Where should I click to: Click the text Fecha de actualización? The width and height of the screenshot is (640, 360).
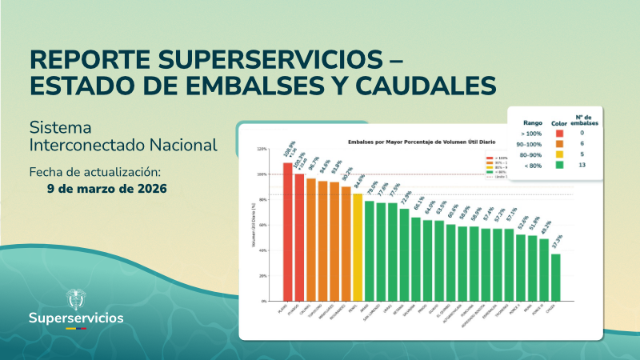[x=95, y=172]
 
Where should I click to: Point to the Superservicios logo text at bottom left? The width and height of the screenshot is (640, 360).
[x=76, y=318]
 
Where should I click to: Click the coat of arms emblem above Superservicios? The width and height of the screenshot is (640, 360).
[x=76, y=297]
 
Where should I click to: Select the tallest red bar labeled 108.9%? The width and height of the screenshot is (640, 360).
[x=287, y=232]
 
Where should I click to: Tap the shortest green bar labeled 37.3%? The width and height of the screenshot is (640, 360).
[x=555, y=277]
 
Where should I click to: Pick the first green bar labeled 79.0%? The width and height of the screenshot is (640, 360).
[x=369, y=250]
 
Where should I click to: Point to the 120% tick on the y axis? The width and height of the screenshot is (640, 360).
[x=262, y=149]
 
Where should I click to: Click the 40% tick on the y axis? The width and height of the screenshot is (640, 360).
[x=262, y=250]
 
